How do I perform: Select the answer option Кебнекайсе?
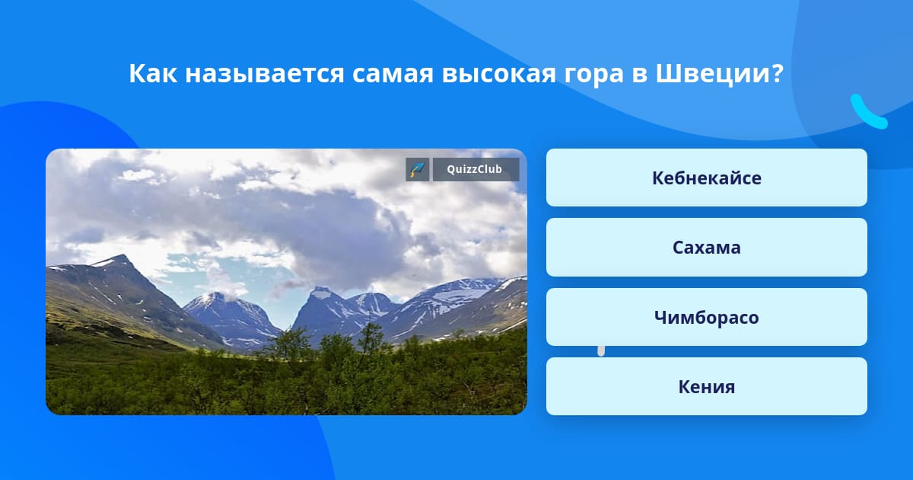[x=706, y=178]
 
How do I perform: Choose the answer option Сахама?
[x=706, y=248]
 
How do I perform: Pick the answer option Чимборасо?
[x=706, y=317]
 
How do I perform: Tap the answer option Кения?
[x=706, y=386]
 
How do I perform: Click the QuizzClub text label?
[x=475, y=169]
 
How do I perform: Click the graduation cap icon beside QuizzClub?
[x=418, y=169]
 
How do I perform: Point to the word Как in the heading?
[x=153, y=74]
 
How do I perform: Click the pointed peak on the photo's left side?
[x=121, y=257]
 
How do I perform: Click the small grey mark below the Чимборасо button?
[x=601, y=350]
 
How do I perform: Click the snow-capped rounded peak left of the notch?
[x=213, y=297]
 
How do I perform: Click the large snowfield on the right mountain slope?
[x=464, y=295]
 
